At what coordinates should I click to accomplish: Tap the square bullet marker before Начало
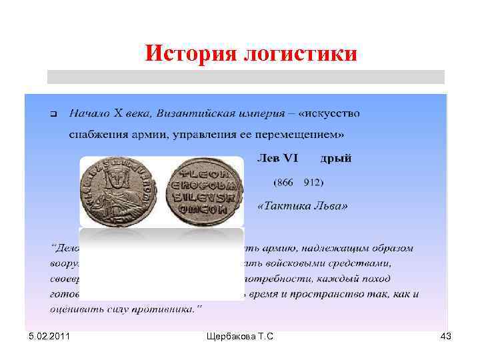point(54,113)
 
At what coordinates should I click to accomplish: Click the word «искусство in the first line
point(329,113)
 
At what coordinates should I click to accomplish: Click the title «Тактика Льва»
point(302,206)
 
